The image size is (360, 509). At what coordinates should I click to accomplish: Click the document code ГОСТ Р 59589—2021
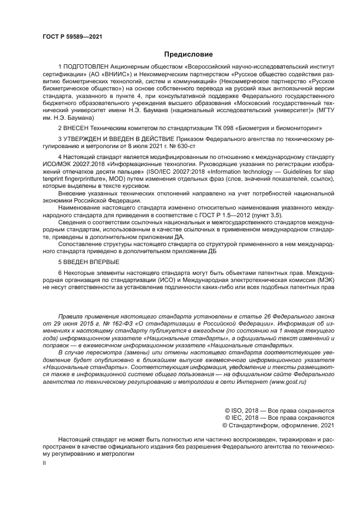(x=72, y=36)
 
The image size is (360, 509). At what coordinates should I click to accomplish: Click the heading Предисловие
(x=188, y=54)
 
